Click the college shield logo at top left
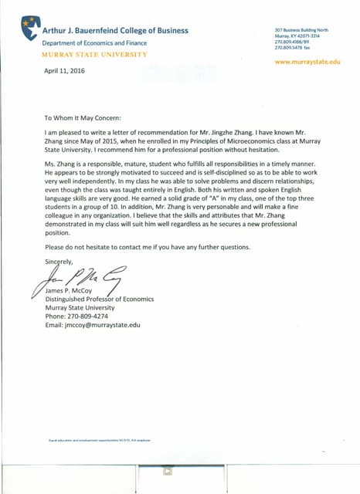30,27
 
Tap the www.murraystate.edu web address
307,61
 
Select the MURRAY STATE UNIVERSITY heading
93,56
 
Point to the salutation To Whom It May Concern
86,119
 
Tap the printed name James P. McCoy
70,290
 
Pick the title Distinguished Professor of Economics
99,299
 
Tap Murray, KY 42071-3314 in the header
297,36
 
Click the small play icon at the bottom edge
168,472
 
